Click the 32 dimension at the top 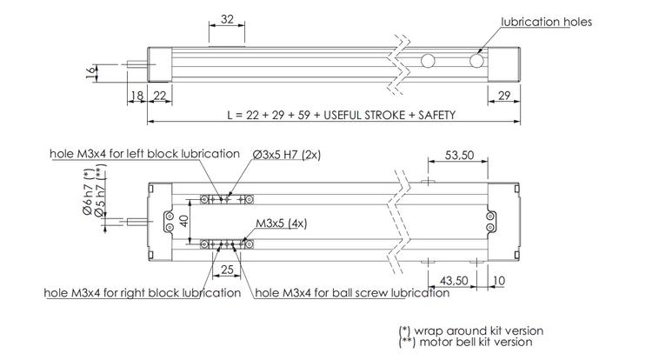point(227,18)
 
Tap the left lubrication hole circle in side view point(427,62)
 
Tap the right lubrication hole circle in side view point(476,62)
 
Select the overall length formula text point(340,115)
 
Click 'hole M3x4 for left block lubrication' point(144,154)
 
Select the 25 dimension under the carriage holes point(226,271)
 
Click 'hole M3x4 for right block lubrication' point(143,293)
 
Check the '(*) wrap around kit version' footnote point(470,330)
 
